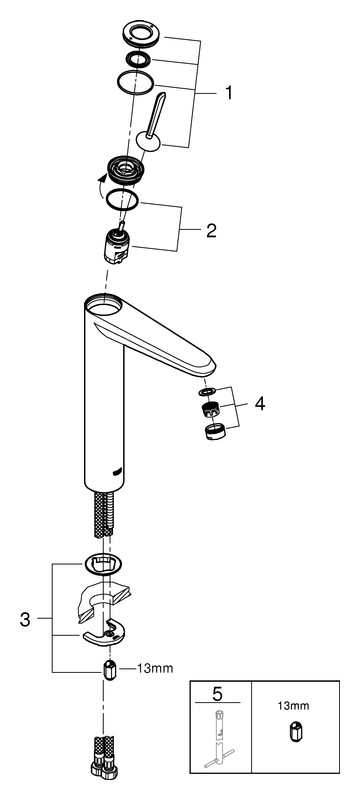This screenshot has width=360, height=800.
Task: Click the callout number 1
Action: [228, 93]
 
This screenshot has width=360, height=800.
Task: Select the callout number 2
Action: [211, 231]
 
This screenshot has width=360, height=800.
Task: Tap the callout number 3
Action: [25, 619]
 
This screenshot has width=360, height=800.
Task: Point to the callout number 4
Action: [260, 404]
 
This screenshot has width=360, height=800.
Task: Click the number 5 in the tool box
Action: [217, 693]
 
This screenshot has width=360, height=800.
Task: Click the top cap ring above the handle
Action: [141, 34]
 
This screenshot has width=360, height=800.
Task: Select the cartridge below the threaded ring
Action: [119, 244]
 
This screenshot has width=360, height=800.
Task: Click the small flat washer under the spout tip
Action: [208, 391]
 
